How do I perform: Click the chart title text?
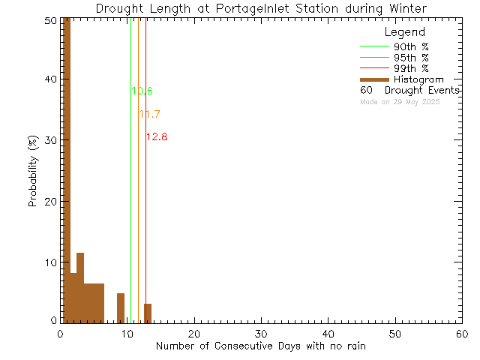(x=262, y=8)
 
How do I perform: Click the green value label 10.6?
(x=142, y=91)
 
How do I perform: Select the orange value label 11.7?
(x=149, y=114)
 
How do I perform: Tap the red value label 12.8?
(x=156, y=137)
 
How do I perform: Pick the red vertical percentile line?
(x=145, y=225)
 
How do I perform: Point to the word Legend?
(x=404, y=32)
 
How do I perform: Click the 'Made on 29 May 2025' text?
(x=400, y=101)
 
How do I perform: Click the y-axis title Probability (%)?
(x=33, y=172)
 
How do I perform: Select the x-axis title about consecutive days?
(x=261, y=346)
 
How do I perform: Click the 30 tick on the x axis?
(x=260, y=333)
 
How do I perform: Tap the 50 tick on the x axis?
(x=394, y=333)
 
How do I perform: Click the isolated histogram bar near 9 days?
(x=120, y=308)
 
